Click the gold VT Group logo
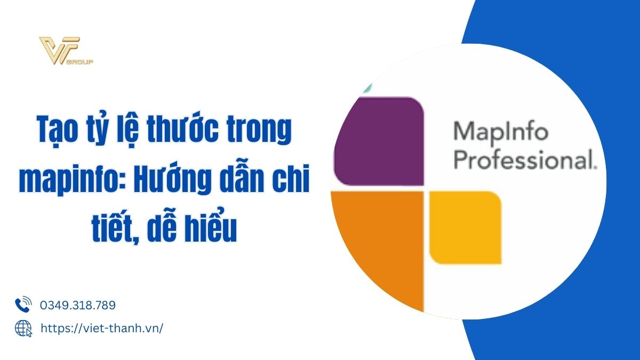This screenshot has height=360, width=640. pyautogui.click(x=66, y=51)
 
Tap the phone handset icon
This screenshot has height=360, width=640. pyautogui.click(x=23, y=305)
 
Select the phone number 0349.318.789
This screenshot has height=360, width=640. pyautogui.click(x=78, y=305)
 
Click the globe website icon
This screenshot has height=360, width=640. pyautogui.click(x=23, y=329)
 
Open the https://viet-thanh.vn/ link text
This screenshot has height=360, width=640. pyautogui.click(x=102, y=329)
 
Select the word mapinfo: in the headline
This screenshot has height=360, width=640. pyautogui.click(x=73, y=180)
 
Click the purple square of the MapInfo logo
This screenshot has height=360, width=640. pyautogui.click(x=379, y=141)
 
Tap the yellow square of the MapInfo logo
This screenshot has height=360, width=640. pyautogui.click(x=466, y=227)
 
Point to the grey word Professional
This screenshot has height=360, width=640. pyautogui.click(x=525, y=161)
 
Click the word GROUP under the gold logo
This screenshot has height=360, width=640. pyautogui.click(x=81, y=62)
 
